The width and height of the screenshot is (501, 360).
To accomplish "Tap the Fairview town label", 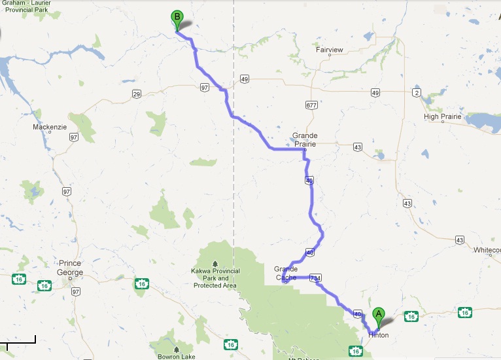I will (330, 48).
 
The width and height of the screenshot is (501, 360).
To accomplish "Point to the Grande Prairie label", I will (305, 139).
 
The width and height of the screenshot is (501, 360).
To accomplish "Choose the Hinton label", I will (379, 335).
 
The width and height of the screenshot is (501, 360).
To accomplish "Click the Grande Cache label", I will (286, 273).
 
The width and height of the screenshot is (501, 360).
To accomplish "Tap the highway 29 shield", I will (137, 95).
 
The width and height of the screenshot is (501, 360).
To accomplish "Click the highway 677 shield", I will (311, 105).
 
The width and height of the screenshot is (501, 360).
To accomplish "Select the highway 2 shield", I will (417, 93).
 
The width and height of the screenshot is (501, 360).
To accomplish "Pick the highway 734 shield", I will (316, 278).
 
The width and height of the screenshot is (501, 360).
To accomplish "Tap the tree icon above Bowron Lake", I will (176, 349).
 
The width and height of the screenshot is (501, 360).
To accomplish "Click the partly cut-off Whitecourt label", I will (487, 250).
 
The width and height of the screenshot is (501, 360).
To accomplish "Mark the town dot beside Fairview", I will (330, 55).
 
